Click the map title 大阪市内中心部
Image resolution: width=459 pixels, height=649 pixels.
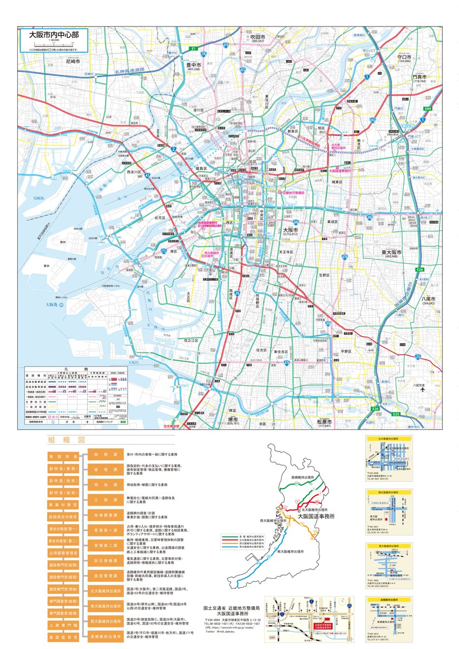point(54,34)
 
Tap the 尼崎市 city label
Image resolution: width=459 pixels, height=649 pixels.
point(73,62)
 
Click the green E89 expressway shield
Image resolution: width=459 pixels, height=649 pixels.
point(428,109)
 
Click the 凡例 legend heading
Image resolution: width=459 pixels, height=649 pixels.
point(76,367)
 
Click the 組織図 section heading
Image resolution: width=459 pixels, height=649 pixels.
point(60,440)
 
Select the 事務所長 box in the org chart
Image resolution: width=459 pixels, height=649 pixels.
point(64,456)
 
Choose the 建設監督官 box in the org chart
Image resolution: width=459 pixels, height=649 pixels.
point(64,637)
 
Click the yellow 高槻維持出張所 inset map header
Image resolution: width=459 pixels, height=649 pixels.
point(389,600)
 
